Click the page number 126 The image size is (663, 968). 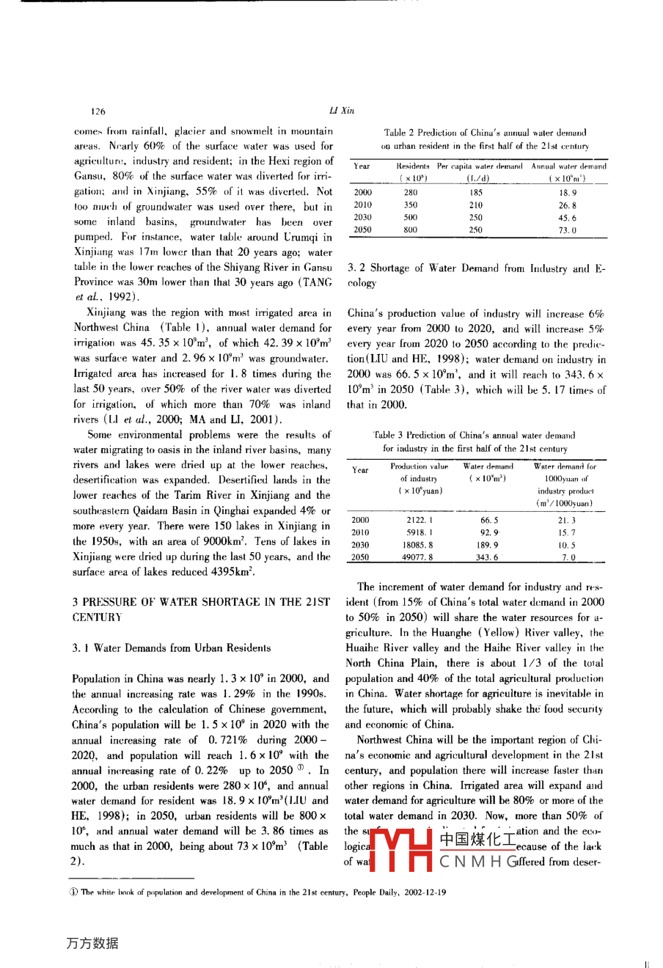coord(98,111)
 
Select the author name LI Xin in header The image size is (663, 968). coord(342,111)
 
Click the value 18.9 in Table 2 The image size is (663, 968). coord(568,192)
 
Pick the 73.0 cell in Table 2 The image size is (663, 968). coord(568,230)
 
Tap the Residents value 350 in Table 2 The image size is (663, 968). coord(410,205)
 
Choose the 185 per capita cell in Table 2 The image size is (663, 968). coord(476,192)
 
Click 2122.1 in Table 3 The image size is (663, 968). coord(420,520)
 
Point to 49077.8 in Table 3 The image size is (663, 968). coord(420,557)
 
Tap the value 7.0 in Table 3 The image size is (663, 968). coord(568,557)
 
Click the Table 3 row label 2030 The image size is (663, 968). coord(361,545)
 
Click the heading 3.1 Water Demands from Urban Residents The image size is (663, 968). coord(172,648)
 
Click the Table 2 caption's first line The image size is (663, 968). coord(485,133)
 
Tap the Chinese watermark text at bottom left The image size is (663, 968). coord(92,943)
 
